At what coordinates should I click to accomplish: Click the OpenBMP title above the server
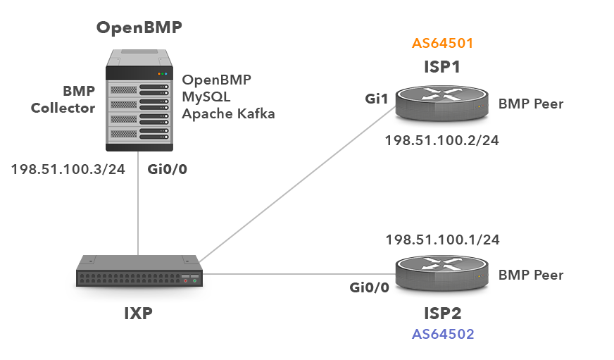coord(139,28)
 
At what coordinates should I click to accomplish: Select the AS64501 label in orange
coord(442,44)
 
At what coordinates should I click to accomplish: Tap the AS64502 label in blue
coord(442,334)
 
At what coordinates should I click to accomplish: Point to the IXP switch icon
coord(139,274)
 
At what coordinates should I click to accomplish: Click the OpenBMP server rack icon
coord(139,99)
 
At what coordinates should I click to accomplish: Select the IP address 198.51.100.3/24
coord(68,170)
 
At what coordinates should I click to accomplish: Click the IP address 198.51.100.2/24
coord(441,141)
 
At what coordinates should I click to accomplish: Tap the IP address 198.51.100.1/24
coord(442,240)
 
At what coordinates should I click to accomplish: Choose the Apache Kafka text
coord(227,113)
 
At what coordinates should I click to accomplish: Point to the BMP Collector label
coord(64,99)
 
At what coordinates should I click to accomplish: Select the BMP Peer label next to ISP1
coord(531,104)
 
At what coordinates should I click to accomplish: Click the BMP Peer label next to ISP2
coord(531,275)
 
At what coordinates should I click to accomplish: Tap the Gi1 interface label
coord(376,99)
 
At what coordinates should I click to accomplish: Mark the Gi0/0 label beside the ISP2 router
coord(369,287)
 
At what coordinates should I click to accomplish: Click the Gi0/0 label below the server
coord(167,169)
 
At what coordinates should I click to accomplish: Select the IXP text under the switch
coord(138,313)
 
